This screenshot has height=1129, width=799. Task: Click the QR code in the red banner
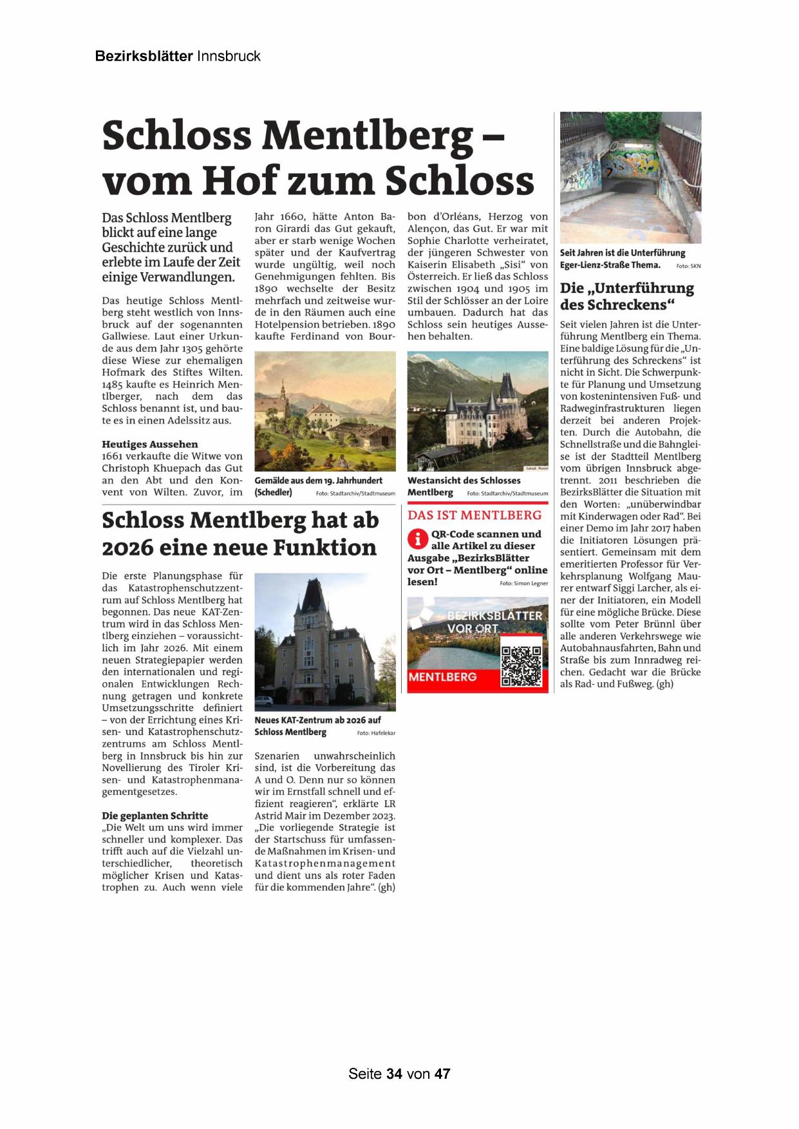521,666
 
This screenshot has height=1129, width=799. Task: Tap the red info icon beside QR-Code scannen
418,539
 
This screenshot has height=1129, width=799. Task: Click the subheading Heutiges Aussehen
150,444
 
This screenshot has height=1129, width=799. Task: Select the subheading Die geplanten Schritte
155,816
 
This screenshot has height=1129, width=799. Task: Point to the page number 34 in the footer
395,1074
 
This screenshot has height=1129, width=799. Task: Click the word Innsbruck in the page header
229,56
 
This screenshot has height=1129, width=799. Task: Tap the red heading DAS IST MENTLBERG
475,515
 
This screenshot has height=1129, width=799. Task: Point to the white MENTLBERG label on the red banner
443,677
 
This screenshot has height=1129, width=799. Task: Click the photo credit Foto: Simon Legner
523,583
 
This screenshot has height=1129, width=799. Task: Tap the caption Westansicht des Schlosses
464,480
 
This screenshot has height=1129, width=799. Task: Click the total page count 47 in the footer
442,1074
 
